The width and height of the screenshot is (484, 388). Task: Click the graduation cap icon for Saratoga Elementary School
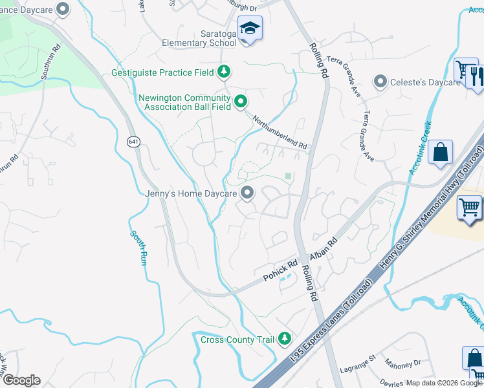coord(249,29)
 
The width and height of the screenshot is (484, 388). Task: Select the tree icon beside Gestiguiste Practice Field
coord(224,71)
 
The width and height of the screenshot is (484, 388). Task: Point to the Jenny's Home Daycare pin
coord(247,192)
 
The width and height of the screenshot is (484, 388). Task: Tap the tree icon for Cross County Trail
coord(284,338)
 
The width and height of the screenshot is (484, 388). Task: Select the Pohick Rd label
coord(280,271)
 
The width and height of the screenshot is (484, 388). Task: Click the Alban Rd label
coord(324,250)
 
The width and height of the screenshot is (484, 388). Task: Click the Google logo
coord(21,380)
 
